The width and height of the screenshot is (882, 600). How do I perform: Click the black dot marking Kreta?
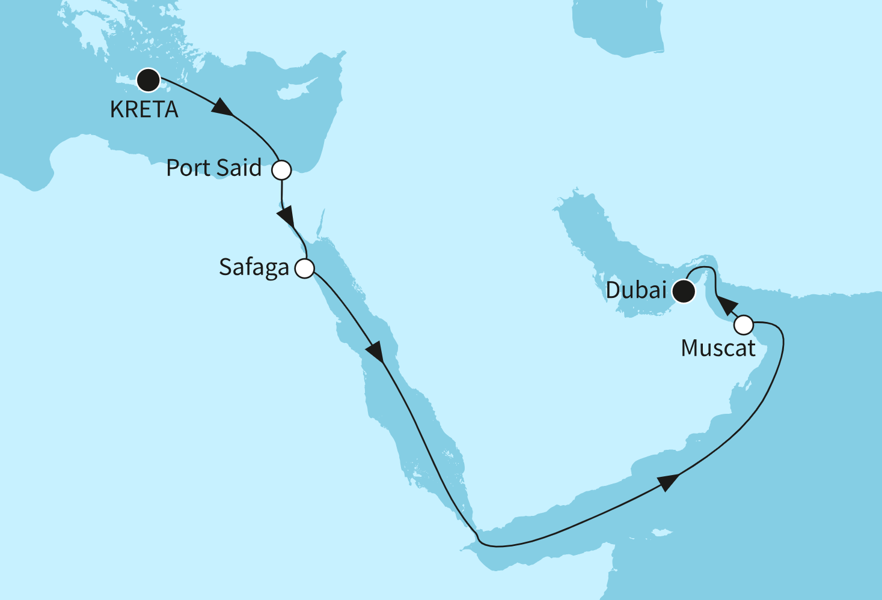point(148,80)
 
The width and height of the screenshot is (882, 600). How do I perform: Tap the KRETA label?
point(144,110)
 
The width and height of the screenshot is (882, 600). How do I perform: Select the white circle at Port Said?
point(281,170)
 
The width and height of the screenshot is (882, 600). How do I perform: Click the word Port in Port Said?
point(188,168)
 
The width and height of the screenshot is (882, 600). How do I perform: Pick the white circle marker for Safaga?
point(305,268)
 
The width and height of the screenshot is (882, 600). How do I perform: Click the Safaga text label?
point(254,268)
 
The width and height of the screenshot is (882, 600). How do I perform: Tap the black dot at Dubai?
point(684,292)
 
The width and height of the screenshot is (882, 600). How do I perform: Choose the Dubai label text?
point(636,291)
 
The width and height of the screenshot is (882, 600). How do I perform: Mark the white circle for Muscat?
point(744,325)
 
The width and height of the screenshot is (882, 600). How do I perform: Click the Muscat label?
point(718,348)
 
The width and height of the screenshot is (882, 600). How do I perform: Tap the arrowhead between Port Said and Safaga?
point(286,216)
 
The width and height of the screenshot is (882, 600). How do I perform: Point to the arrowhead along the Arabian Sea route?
point(669,482)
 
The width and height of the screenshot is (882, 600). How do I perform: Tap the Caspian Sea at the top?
point(619,27)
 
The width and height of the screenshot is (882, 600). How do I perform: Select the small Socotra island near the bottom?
point(661,532)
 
